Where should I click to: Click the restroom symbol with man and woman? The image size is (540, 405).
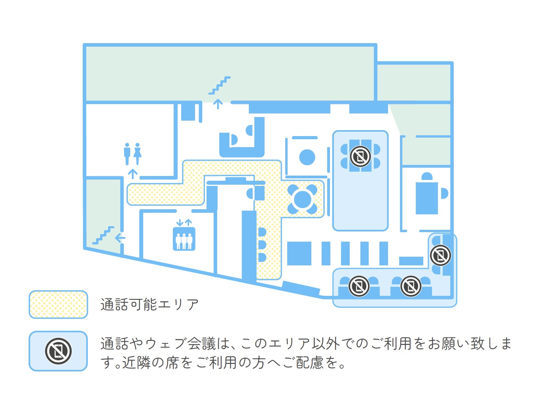pos(133,154)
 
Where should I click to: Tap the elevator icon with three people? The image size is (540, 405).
pos(184,239)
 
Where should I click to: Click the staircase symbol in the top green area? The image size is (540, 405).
pos(220,85)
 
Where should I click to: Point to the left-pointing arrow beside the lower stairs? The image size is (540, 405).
pos(120,238)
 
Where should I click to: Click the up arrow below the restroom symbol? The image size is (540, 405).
pos(133,174)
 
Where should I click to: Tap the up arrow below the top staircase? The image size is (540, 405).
pos(218,104)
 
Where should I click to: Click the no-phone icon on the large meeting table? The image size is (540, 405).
pos(360,156)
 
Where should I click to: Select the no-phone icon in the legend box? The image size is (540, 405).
pos(58,351)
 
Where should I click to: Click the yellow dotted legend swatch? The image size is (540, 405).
pos(58,305)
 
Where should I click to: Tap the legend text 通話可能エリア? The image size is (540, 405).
pos(150,305)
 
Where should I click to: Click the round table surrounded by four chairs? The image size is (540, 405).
pos(303,199)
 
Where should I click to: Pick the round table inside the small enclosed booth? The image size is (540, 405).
pos(307,157)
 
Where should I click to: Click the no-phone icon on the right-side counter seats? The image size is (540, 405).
pos(440,255)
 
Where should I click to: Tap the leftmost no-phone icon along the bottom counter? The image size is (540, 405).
pos(359,286)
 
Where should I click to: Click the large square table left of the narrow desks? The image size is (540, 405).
pos(299,253)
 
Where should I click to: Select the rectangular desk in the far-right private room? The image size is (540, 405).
pos(427,198)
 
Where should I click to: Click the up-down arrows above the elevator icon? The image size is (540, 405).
pos(184,223)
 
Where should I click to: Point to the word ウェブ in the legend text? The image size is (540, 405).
pos(163,343)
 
